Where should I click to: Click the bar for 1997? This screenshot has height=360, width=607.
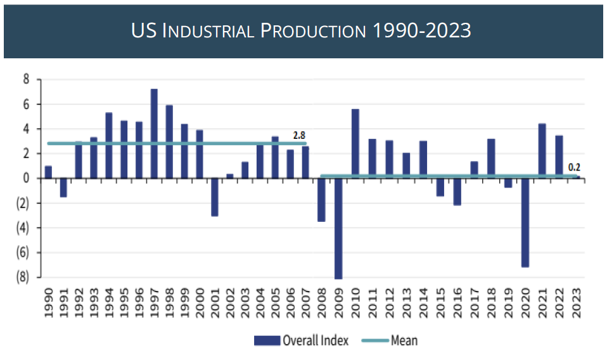pyautogui.click(x=154, y=134)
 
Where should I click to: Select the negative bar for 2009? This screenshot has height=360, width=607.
pyautogui.click(x=338, y=228)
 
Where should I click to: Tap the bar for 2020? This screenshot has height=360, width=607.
pyautogui.click(x=525, y=222)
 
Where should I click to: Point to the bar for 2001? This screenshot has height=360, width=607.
pyautogui.click(x=215, y=197)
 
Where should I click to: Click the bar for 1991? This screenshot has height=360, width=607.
pyautogui.click(x=63, y=188)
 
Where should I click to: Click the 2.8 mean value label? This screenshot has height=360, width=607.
pyautogui.click(x=299, y=135)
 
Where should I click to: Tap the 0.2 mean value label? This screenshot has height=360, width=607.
pyautogui.click(x=574, y=168)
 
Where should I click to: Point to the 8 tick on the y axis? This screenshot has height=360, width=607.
pyautogui.click(x=27, y=80)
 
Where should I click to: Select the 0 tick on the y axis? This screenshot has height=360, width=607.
pyautogui.click(x=27, y=179)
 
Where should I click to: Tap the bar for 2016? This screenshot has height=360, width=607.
pyautogui.click(x=457, y=192)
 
